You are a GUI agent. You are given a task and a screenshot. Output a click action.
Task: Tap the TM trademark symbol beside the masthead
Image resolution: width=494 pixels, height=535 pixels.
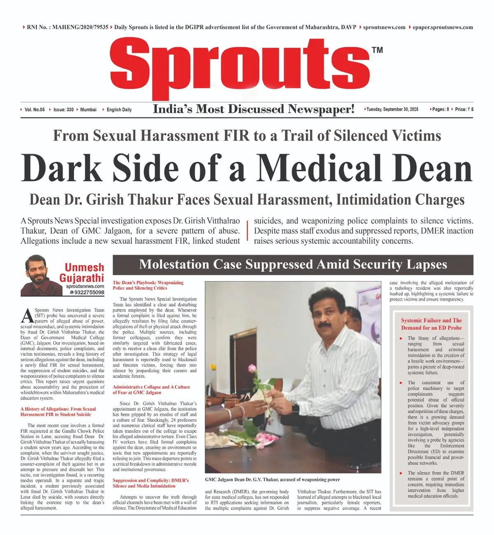(377, 50)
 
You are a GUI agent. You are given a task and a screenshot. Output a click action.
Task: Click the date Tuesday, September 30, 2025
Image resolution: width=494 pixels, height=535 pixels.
(392, 110)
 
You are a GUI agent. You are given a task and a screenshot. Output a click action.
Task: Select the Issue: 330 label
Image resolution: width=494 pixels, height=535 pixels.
(63, 110)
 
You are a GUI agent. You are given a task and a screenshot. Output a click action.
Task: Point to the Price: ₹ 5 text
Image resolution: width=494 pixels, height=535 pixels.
(464, 110)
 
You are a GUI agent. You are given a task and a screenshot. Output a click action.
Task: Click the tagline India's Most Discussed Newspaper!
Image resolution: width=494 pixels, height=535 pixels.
(254, 109)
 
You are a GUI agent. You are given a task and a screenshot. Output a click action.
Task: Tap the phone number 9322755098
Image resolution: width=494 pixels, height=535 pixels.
(87, 292)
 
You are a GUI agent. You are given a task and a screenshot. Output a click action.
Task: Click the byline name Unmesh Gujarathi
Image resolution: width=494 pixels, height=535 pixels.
(82, 273)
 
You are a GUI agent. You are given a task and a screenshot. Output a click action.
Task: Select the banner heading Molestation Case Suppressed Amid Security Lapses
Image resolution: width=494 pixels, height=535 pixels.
(293, 264)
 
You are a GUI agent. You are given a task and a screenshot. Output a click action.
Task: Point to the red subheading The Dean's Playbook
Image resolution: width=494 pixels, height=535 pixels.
(148, 285)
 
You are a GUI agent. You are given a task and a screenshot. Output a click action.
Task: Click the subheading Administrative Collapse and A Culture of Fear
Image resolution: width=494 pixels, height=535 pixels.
(151, 390)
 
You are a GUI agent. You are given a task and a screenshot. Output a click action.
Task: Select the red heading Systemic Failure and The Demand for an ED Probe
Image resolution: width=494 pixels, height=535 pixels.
(431, 324)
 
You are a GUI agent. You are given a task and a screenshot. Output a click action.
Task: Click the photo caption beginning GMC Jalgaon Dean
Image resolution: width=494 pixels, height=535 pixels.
(272, 479)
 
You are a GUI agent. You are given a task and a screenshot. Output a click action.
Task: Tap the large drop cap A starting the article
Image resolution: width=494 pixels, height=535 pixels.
(27, 316)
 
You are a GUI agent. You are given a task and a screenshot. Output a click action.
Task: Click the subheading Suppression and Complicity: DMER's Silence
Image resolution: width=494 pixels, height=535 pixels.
(151, 483)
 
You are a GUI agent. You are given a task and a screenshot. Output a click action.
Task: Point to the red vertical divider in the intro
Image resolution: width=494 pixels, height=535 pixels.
(247, 231)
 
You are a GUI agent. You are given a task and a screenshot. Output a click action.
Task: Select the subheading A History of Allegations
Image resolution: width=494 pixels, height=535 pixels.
(58, 411)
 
